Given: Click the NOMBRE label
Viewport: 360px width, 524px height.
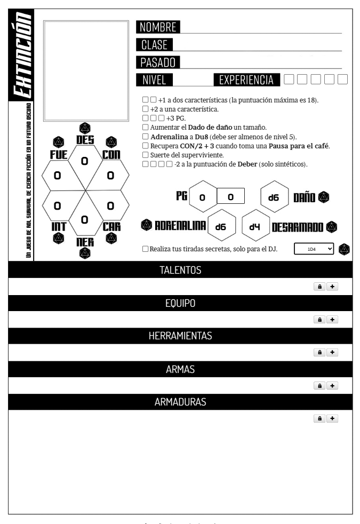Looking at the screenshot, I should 158,27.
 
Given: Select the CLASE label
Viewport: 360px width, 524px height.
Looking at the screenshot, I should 154,45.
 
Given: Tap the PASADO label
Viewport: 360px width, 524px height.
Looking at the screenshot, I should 158,62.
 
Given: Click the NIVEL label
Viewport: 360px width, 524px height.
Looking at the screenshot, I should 154,80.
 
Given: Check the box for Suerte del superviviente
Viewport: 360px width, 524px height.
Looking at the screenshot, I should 146,155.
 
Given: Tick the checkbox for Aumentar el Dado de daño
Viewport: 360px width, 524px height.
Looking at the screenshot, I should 146,128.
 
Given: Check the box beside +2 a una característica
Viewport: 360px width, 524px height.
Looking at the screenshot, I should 146,109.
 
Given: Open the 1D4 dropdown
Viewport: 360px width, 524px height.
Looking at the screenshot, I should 314,249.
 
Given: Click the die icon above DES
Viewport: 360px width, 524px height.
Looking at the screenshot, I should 84,128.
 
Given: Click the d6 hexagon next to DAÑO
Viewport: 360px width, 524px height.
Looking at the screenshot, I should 274,197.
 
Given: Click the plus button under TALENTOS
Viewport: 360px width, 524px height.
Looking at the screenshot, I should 332,287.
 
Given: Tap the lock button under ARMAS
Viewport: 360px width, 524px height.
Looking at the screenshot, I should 320,385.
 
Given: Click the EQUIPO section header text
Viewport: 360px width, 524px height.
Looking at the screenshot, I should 180,303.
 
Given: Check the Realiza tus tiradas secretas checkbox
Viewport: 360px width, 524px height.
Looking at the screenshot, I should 146,249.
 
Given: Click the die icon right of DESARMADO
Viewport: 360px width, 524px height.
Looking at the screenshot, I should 332,227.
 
